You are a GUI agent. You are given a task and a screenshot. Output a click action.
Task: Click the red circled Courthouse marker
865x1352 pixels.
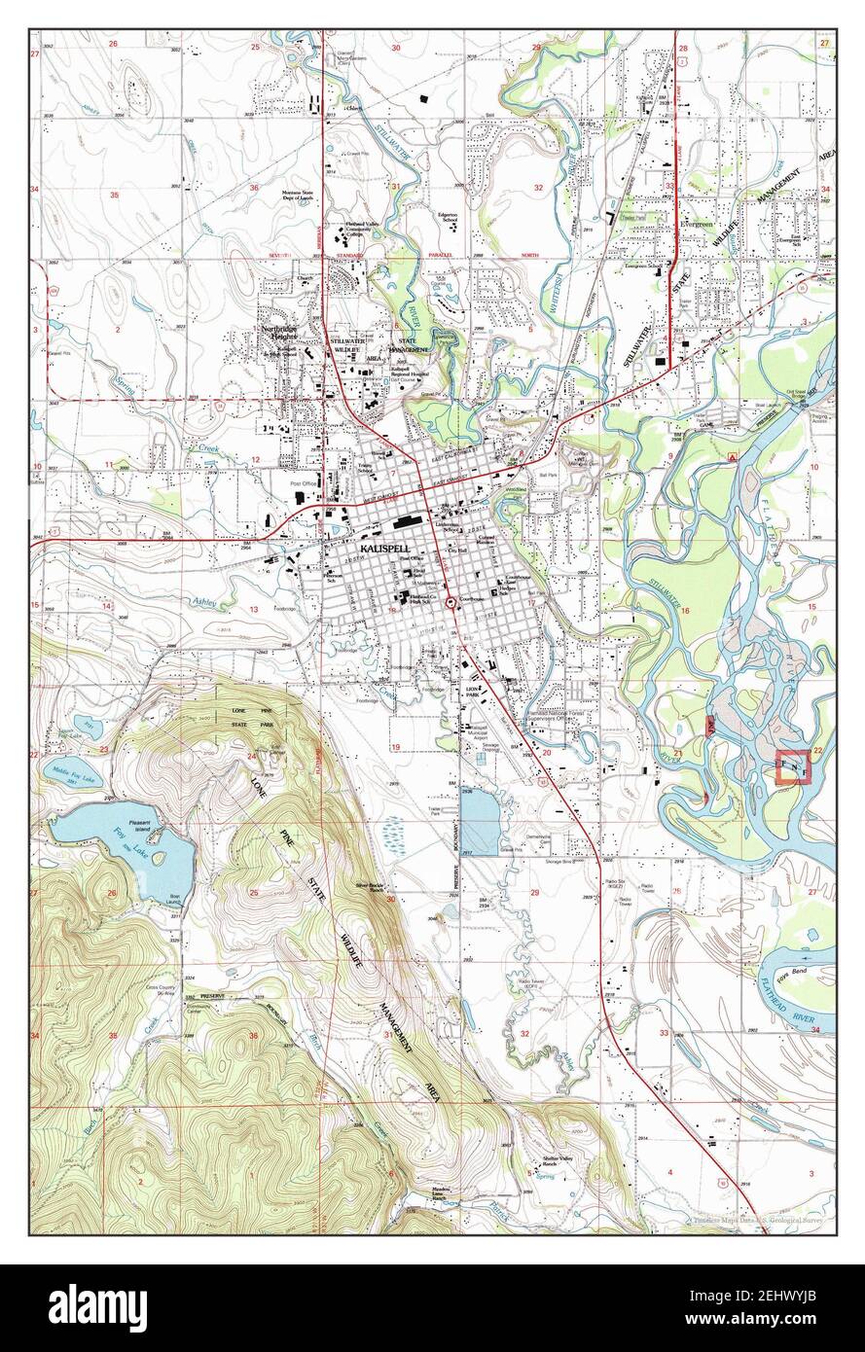point(451,604)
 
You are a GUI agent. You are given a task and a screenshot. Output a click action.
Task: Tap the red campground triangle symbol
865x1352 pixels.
point(731,455)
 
